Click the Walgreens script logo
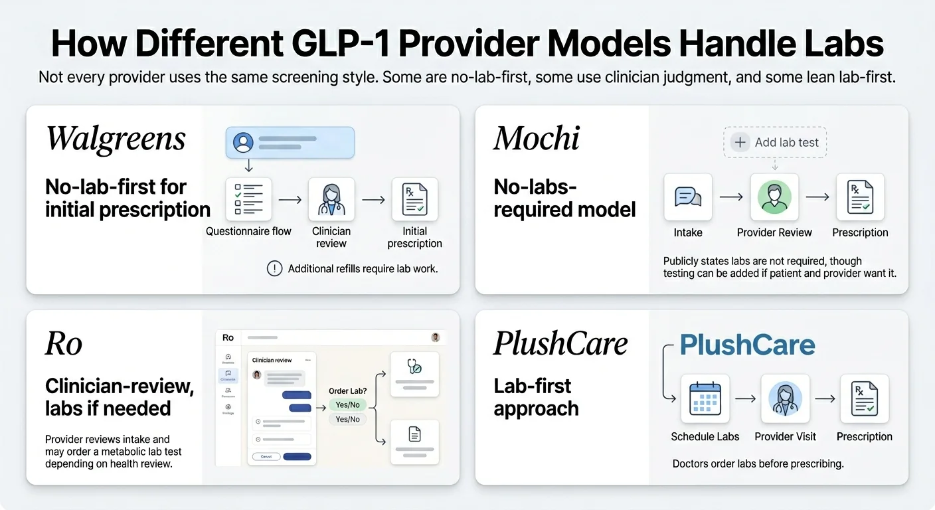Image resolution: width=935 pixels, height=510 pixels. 116,139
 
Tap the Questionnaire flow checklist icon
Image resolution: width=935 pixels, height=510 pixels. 248,199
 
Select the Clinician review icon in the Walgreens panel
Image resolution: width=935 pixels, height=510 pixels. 331,199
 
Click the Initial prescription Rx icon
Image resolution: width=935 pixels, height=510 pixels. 414,199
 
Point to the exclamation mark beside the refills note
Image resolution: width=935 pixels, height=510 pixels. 274,268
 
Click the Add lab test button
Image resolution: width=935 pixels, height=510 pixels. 775,142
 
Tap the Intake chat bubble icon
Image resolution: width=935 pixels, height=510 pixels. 688,197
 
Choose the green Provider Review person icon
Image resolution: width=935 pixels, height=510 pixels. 774,197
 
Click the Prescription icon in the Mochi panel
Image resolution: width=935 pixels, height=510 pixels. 860,197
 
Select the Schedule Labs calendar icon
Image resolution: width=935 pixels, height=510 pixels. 705,398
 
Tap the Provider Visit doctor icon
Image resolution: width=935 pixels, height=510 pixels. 785,398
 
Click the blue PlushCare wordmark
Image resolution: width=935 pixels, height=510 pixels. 748,345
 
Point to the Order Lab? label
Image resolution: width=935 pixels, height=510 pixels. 347,391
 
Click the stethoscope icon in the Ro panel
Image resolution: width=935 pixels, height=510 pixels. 414,367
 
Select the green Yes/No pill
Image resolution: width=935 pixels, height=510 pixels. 347,405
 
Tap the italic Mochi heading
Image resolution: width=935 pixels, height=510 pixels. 537,138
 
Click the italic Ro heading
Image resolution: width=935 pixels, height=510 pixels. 64,344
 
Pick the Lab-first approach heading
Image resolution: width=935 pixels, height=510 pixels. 536,397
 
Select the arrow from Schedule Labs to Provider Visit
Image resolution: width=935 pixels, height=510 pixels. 745,398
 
